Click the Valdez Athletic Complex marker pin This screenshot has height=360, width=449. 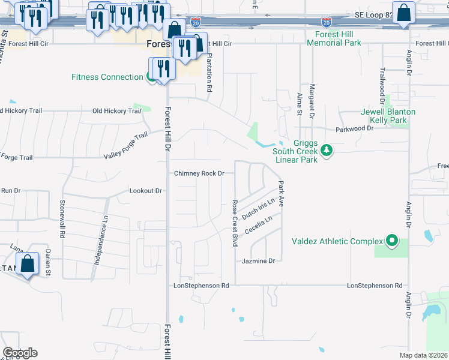392,241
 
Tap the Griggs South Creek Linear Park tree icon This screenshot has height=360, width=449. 326,150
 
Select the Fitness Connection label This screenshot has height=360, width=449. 107,77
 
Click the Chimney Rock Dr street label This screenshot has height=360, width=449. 199,173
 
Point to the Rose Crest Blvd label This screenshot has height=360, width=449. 235,223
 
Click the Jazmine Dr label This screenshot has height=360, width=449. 258,261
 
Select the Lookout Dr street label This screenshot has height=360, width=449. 146,191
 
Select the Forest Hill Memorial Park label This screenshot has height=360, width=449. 334,39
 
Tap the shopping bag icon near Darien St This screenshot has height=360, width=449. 28,264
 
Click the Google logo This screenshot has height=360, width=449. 20,352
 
